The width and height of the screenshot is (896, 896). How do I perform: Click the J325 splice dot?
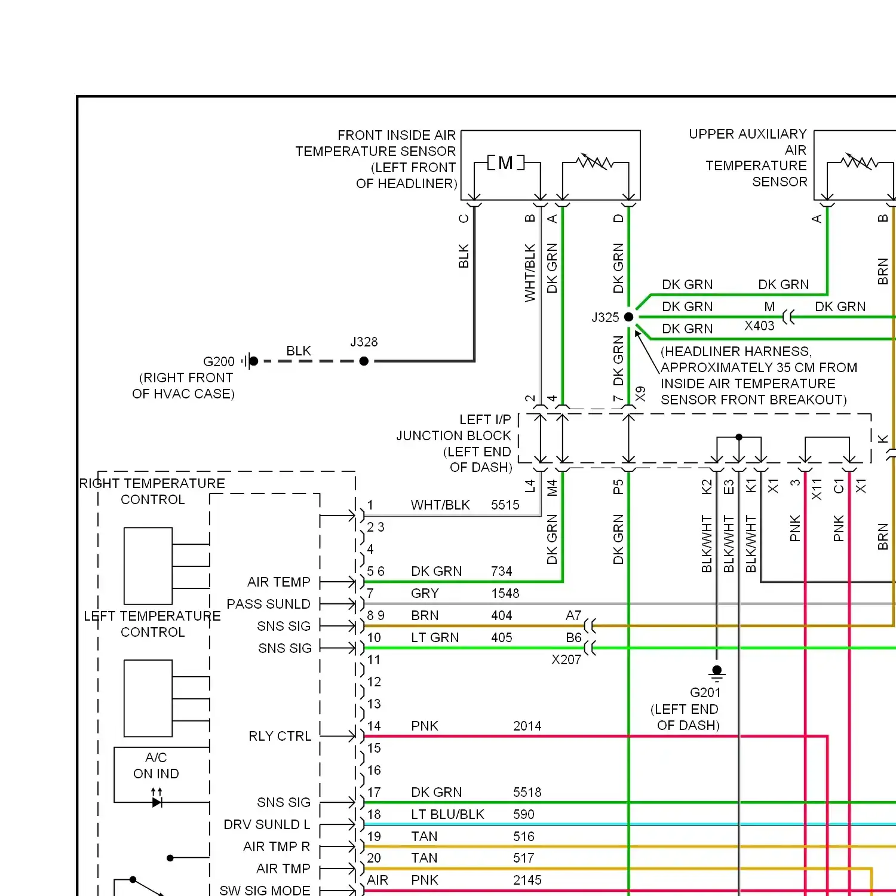click(x=628, y=317)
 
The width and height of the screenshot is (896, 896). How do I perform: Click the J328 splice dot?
click(x=364, y=361)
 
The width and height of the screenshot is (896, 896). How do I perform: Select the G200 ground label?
click(x=219, y=361)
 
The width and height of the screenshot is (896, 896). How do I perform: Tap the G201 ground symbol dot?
click(x=717, y=670)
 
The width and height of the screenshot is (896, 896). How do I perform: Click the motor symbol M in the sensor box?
click(x=505, y=163)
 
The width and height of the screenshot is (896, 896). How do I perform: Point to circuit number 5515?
click(x=505, y=505)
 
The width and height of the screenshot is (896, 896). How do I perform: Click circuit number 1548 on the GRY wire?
click(x=505, y=594)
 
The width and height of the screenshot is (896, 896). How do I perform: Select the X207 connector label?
click(x=566, y=660)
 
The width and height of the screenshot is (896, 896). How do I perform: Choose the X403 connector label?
click(x=759, y=326)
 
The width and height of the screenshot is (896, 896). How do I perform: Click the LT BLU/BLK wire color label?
click(x=447, y=815)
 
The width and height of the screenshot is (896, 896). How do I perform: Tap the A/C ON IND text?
click(x=156, y=766)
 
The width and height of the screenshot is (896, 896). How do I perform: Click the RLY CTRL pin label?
click(x=280, y=737)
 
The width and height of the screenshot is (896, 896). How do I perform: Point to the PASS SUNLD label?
click(x=268, y=605)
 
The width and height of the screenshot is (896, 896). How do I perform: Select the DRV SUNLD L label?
click(x=266, y=825)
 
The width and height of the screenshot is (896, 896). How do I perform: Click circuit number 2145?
click(x=527, y=880)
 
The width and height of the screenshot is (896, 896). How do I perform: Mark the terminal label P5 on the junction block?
click(x=618, y=487)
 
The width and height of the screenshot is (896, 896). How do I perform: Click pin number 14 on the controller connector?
click(x=374, y=726)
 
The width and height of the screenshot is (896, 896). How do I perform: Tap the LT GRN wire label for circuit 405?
click(x=435, y=638)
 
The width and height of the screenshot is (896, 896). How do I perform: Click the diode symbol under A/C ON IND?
click(x=157, y=802)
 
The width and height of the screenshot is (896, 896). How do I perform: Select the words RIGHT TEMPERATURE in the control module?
click(x=152, y=484)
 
